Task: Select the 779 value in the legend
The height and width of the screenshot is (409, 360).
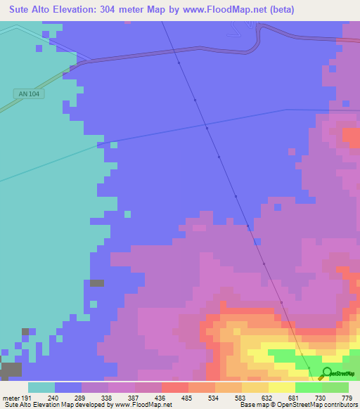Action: (x=347, y=398)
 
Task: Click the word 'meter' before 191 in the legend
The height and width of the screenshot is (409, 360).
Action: (x=13, y=398)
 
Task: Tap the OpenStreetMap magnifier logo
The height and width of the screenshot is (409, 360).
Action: (x=326, y=373)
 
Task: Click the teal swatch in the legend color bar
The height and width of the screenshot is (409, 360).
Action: (x=41, y=387)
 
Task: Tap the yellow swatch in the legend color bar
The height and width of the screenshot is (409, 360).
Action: (x=282, y=387)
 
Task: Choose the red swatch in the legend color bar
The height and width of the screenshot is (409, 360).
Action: (x=175, y=387)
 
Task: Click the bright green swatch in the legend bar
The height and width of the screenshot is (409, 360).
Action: (x=309, y=387)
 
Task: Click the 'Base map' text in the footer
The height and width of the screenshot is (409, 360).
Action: (x=251, y=405)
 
